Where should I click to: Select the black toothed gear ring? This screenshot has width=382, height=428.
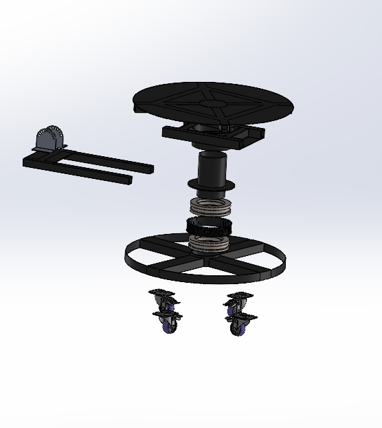click(210, 226)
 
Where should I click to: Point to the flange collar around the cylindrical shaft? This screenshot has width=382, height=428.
click(212, 185)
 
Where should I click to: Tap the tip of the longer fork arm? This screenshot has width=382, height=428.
click(148, 167)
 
